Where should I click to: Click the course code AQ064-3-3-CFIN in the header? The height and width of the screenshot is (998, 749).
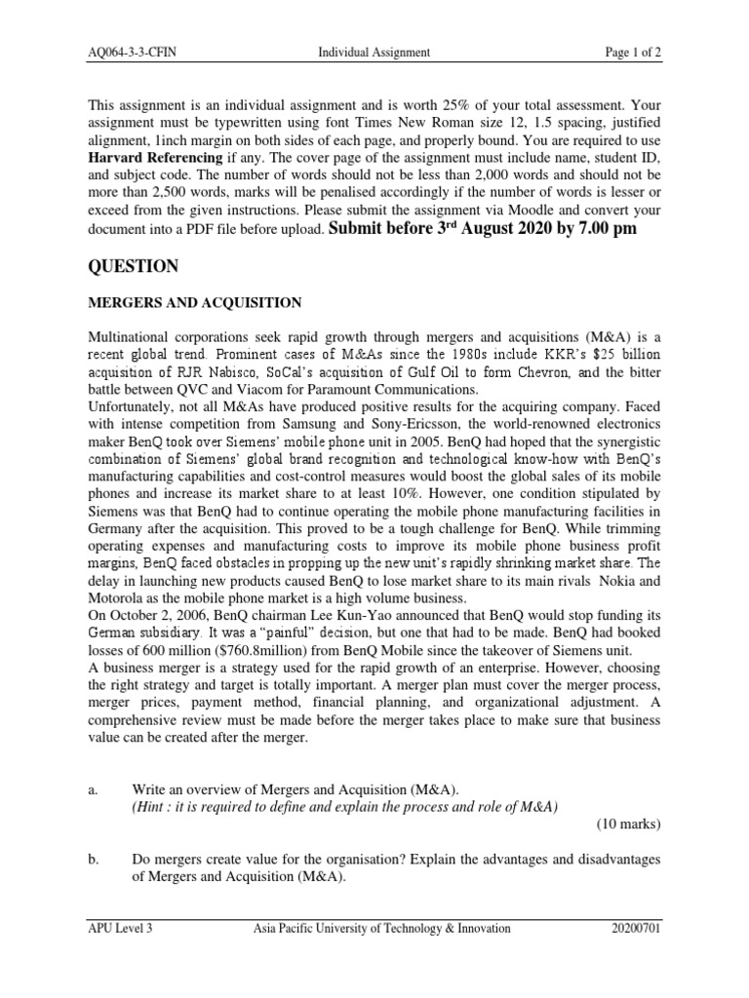coord(134,53)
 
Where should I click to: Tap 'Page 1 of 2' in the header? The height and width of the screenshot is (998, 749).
coord(627,53)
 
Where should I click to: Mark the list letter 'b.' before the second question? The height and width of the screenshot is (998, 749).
coord(95,860)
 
